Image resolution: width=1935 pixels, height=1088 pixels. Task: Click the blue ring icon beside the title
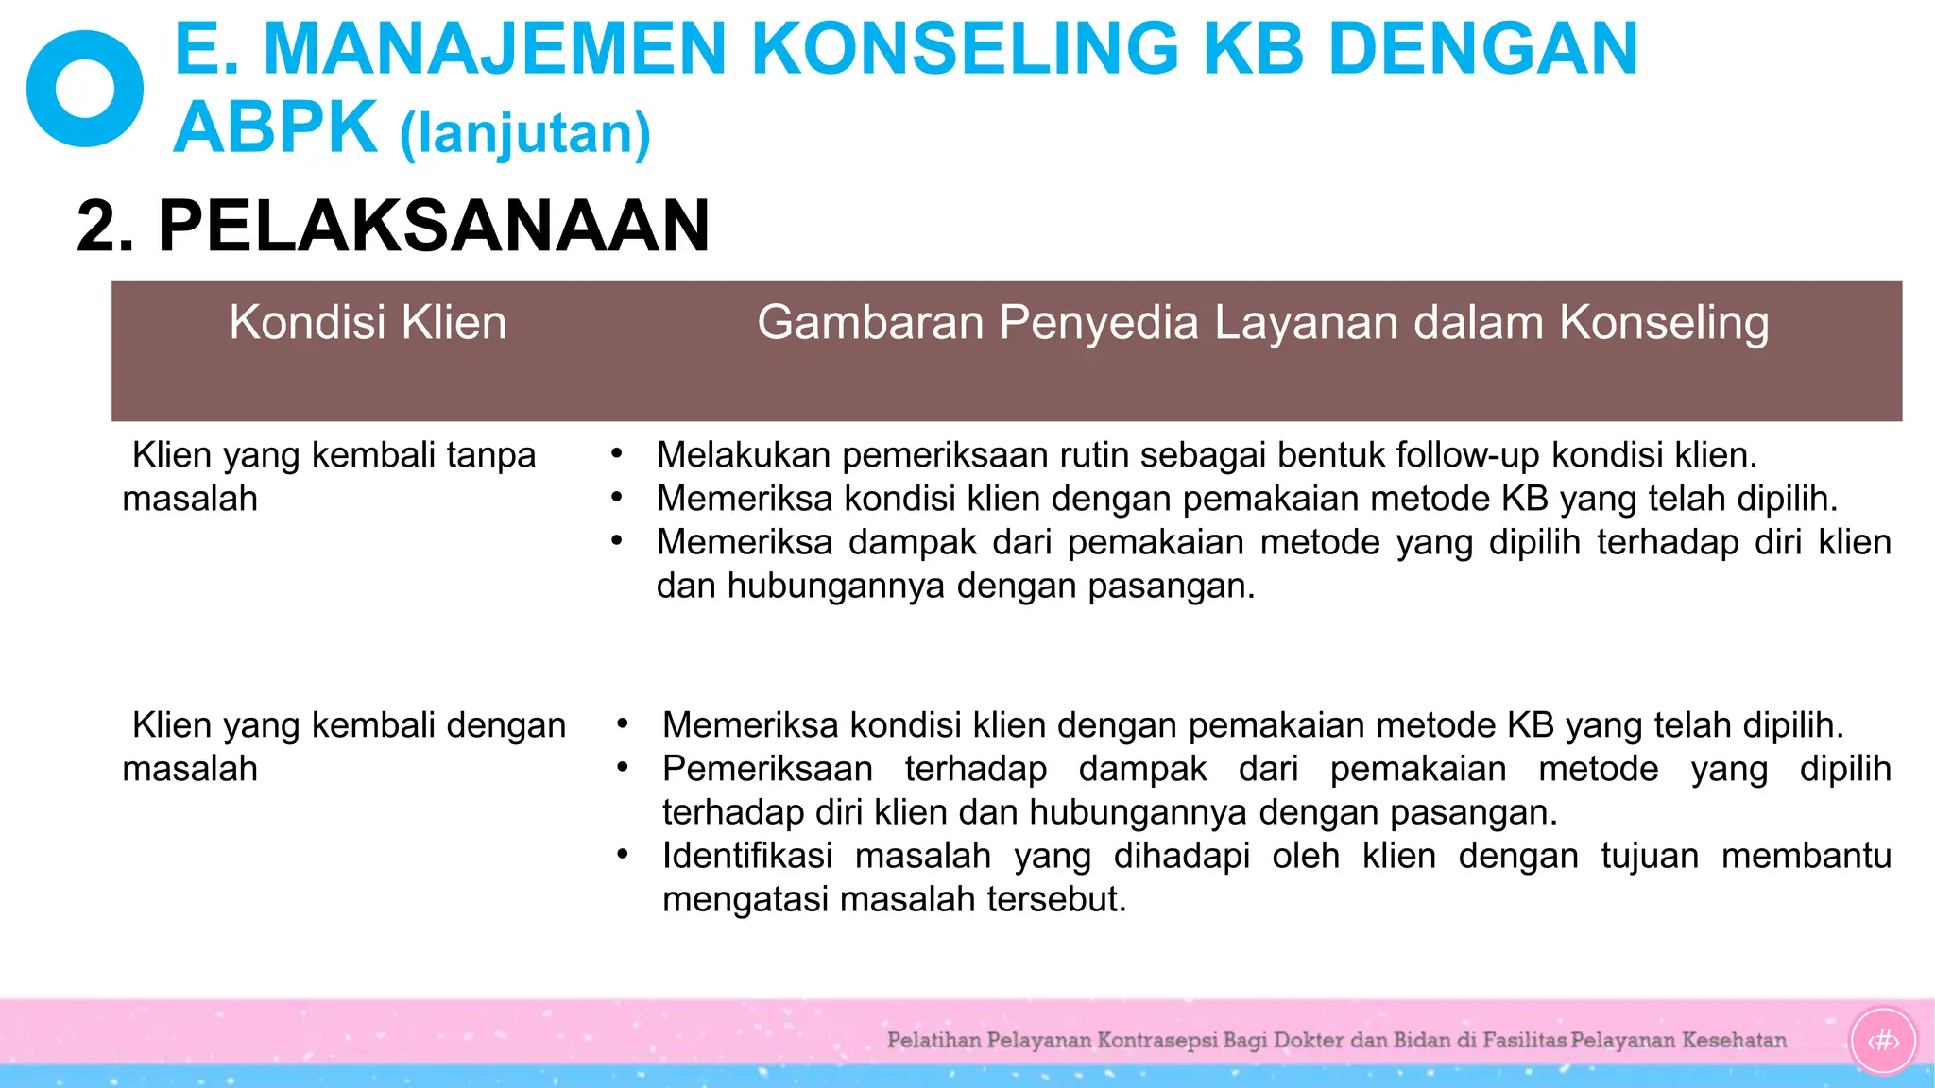(85, 89)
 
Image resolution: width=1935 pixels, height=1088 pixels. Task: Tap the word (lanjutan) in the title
(525, 133)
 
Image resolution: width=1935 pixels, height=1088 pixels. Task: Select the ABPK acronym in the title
(275, 127)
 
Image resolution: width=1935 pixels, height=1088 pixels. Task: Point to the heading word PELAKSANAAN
(434, 227)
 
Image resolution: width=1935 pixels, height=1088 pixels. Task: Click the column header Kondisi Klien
(368, 323)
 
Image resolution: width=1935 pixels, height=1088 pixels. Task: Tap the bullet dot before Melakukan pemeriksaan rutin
(617, 453)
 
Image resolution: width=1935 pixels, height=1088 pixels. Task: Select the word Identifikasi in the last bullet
(746, 856)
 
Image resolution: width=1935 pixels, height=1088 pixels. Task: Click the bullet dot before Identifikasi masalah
(623, 854)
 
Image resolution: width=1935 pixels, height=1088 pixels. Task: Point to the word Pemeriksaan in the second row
(767, 769)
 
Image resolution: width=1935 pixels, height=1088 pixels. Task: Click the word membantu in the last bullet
(1806, 856)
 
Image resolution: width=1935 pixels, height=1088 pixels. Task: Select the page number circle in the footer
(1883, 1041)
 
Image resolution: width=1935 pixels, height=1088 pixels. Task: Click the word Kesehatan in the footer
(1734, 1041)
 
